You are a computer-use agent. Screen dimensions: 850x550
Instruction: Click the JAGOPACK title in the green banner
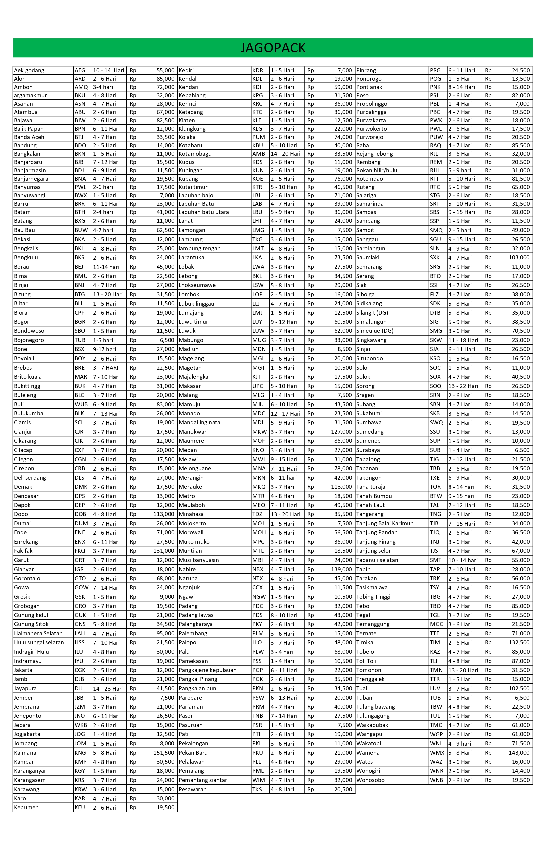[x=273, y=48]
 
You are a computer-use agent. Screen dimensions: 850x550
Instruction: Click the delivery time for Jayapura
[x=108, y=689]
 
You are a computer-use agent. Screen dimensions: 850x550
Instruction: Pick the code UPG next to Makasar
[x=258, y=386]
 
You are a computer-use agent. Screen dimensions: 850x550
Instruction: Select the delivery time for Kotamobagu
[x=285, y=154]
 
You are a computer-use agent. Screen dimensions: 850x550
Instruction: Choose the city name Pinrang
[x=366, y=70]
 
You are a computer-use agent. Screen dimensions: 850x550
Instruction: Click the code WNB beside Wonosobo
[x=436, y=780]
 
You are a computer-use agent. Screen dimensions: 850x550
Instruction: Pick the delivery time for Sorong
[x=463, y=386]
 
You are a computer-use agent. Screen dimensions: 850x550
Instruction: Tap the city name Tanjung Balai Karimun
[x=385, y=523]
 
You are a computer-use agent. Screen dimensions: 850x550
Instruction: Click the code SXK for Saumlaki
[x=435, y=257]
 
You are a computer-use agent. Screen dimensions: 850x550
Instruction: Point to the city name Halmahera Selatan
[x=38, y=633]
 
